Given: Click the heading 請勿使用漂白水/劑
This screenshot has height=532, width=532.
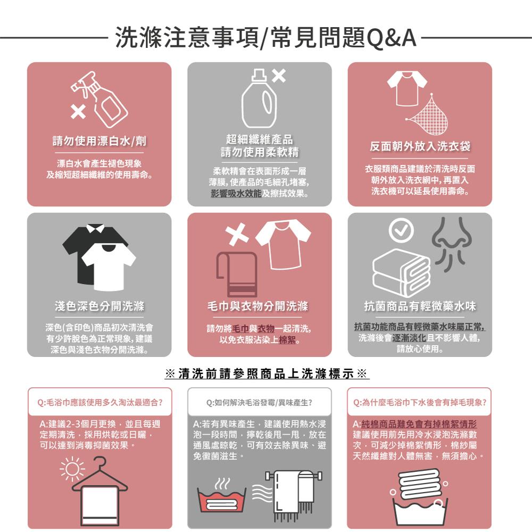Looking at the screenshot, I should pyautogui.click(x=99, y=141).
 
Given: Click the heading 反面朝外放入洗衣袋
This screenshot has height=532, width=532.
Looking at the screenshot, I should pyautogui.click(x=420, y=146).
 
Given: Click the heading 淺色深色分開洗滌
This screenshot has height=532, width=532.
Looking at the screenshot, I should pyautogui.click(x=99, y=306).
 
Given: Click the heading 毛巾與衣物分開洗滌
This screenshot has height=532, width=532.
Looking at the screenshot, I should pyautogui.click(x=259, y=306).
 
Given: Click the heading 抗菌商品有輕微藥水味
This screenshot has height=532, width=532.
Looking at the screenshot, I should pyautogui.click(x=420, y=306).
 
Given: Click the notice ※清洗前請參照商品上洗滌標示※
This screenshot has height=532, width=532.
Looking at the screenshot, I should pyautogui.click(x=266, y=373).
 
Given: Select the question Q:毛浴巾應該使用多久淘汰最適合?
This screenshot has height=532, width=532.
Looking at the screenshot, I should pyautogui.click(x=99, y=402).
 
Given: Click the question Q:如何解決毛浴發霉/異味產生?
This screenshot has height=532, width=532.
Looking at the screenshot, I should pyautogui.click(x=259, y=402).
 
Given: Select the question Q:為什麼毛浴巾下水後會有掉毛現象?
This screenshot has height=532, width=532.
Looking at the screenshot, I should pyautogui.click(x=420, y=402).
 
